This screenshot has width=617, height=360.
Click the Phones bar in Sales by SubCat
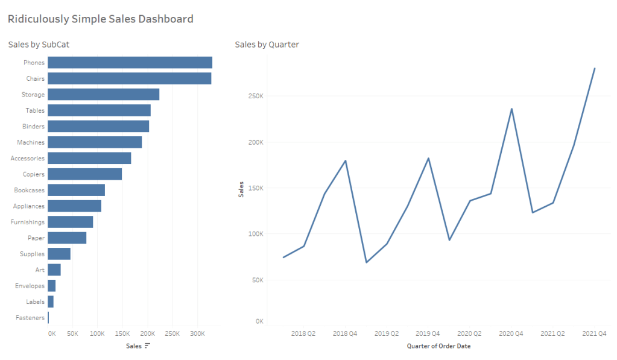pyautogui.click(x=130, y=63)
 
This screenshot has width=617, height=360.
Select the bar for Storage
pyautogui.click(x=103, y=94)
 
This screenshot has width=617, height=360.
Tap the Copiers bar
pyautogui.click(x=84, y=174)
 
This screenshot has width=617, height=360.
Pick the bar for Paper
pyautogui.click(x=67, y=238)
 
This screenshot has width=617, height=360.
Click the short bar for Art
pyautogui.click(x=54, y=270)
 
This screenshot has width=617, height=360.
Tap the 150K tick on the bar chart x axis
pyautogui.click(x=122, y=333)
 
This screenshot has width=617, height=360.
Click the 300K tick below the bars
pyautogui.click(x=197, y=333)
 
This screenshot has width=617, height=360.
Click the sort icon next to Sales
pyautogui.click(x=147, y=346)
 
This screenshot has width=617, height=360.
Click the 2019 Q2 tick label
pyautogui.click(x=386, y=333)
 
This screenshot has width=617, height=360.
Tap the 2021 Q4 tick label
pyautogui.click(x=594, y=333)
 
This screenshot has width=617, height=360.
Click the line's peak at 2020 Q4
pyautogui.click(x=511, y=109)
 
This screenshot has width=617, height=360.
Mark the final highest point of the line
pyautogui.click(x=595, y=69)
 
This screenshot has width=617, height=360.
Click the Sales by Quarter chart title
pyautogui.click(x=267, y=45)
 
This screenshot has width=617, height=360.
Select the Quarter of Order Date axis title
pyautogui.click(x=438, y=346)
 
